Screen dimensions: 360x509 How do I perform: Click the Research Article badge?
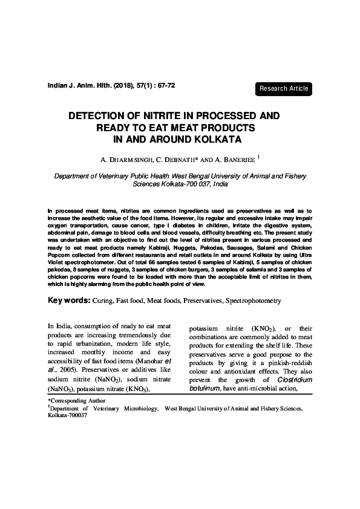click(284, 89)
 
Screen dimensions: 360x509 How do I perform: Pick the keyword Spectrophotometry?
click(253, 300)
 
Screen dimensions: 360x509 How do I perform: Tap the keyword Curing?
click(105, 300)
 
